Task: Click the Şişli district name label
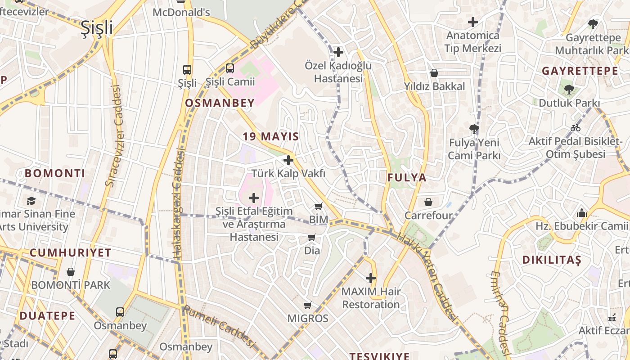(x=97, y=28)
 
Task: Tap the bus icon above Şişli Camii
(x=229, y=68)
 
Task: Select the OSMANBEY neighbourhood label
(x=220, y=103)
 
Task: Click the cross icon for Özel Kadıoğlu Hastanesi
(x=338, y=52)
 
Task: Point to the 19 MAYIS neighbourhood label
(x=271, y=136)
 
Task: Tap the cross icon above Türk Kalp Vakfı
(x=288, y=160)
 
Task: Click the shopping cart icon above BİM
(x=319, y=207)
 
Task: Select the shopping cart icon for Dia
(x=312, y=237)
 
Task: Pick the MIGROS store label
(x=308, y=319)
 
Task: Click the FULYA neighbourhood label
(x=407, y=178)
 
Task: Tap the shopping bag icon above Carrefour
(x=428, y=202)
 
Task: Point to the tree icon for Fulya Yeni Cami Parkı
(x=474, y=129)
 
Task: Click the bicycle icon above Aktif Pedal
(x=575, y=128)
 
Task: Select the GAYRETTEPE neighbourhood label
(x=580, y=71)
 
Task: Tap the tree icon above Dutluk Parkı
(x=569, y=89)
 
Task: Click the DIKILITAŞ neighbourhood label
(x=552, y=260)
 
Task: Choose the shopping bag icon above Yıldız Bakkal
(x=434, y=73)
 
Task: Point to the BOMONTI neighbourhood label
(x=55, y=173)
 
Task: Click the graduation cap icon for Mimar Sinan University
(x=31, y=201)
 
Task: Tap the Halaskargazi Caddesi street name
(x=179, y=205)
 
